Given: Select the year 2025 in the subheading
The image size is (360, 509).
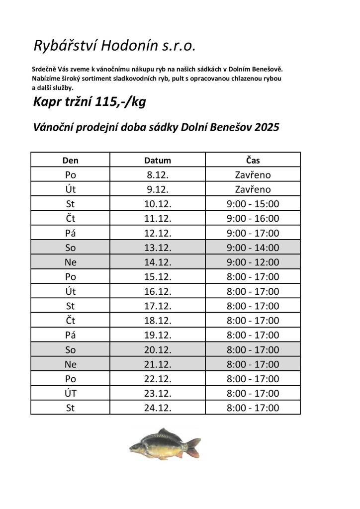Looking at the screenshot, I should point(267,127).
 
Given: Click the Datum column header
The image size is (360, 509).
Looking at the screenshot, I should point(158,161).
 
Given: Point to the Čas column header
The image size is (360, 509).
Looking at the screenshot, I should point(253,161).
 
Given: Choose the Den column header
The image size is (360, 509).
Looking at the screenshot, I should point(70,161).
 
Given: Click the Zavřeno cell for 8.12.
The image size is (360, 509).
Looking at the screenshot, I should point(253,175).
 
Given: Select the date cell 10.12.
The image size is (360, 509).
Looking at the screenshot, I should point(158,204).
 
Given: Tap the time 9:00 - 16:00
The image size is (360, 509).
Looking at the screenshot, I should point(253,218).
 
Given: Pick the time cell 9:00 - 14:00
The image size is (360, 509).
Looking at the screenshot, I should point(253,248).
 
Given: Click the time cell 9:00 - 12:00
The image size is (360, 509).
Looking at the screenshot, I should point(253,262).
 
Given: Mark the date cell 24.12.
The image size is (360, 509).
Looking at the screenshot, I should point(158,408).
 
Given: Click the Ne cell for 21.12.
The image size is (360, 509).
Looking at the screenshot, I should point(70,364).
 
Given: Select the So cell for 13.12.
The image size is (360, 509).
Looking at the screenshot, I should point(70,248).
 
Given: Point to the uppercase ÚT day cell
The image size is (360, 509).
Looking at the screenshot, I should point(70,393).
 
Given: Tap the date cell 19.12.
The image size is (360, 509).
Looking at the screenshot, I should point(158,335).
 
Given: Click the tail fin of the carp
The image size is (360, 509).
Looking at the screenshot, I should point(192,447).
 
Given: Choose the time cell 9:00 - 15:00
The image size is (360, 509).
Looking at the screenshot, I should point(253,204).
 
